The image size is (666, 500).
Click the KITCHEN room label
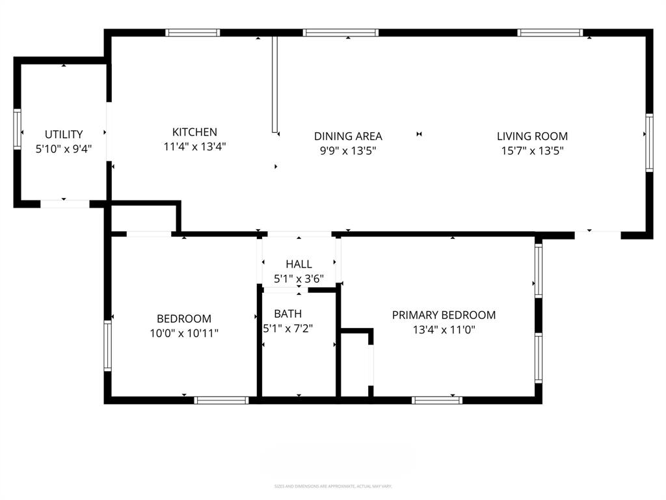tap(194, 132)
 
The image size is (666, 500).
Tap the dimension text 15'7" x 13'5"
tap(532, 150)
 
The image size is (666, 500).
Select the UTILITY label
tap(63, 135)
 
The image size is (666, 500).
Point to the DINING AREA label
tap(348, 136)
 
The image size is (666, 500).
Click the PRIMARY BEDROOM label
tap(444, 315)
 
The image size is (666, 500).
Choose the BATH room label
tap(287, 314)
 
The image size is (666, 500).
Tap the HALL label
tap(299, 264)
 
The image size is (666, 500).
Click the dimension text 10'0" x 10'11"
tap(184, 333)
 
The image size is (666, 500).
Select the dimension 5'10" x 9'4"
tap(63, 148)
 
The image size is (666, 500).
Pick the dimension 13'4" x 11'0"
tap(444, 329)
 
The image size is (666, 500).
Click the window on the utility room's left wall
tap(17, 130)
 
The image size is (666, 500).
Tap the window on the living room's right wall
tap(648, 143)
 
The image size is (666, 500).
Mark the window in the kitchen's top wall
tap(193, 33)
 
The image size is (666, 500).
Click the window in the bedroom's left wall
tap(108, 345)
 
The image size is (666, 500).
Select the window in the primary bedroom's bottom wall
tap(437, 400)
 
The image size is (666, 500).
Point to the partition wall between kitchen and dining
tap(274, 85)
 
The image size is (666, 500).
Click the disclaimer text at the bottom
tap(332, 486)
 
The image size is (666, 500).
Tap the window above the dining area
tap(341, 33)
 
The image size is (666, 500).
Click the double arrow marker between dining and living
tap(420, 135)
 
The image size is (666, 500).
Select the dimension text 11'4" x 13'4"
tap(194, 147)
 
